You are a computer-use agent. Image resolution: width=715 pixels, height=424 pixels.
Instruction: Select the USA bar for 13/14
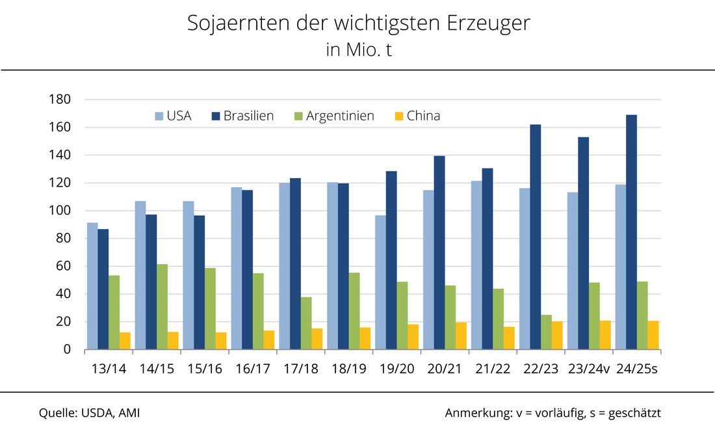pyautogui.click(x=92, y=286)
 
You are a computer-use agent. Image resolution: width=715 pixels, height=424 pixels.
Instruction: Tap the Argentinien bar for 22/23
pyautogui.click(x=546, y=332)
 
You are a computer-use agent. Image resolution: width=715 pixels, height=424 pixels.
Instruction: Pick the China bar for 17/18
pyautogui.click(x=317, y=339)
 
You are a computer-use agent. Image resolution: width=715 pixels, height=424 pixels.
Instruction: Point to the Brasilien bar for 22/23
pyautogui.click(x=535, y=237)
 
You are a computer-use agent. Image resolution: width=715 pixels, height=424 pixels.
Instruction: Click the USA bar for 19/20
pyautogui.click(x=380, y=282)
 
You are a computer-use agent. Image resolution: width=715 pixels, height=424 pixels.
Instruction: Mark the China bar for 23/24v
pyautogui.click(x=605, y=335)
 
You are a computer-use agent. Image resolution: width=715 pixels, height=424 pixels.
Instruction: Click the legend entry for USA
pyautogui.click(x=172, y=116)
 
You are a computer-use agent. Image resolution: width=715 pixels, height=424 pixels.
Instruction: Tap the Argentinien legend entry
pyautogui.click(x=332, y=116)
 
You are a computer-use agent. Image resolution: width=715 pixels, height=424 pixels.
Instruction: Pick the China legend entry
pyautogui.click(x=417, y=116)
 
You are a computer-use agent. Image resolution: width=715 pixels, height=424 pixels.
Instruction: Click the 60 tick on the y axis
pyautogui.click(x=62, y=266)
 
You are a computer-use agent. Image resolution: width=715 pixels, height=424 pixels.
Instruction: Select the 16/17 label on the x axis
pyautogui.click(x=253, y=369)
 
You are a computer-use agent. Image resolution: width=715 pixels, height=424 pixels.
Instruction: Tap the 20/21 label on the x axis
pyautogui.click(x=445, y=369)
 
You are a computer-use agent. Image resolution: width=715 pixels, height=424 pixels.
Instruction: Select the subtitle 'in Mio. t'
pyautogui.click(x=359, y=50)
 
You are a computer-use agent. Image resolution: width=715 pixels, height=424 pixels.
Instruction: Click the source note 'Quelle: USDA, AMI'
pyautogui.click(x=89, y=413)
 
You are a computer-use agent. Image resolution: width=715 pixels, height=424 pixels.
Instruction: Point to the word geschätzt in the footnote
pyautogui.click(x=633, y=413)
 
